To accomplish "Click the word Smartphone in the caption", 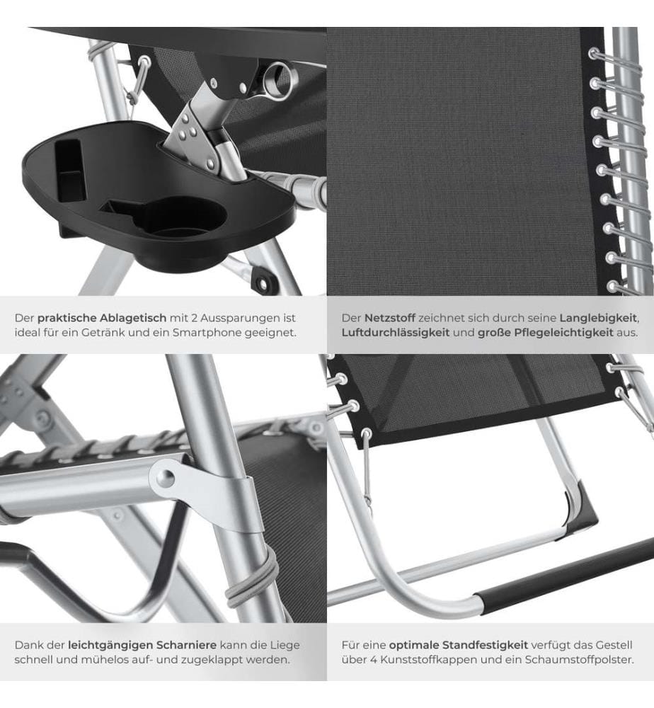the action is pos(207,333).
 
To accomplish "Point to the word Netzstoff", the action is pos(390,318).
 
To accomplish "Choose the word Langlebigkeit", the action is pos(598,318).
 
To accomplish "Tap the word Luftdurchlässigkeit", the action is pos(396,333).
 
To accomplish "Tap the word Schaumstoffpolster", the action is pos(579,660).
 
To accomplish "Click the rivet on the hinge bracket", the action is pos(167,476).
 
